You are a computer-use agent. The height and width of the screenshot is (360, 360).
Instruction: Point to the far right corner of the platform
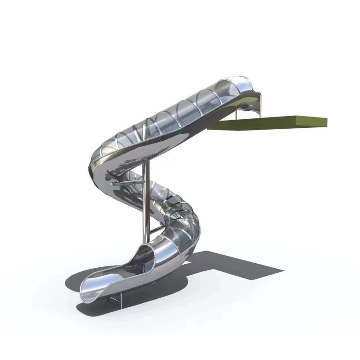[x=327, y=121]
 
